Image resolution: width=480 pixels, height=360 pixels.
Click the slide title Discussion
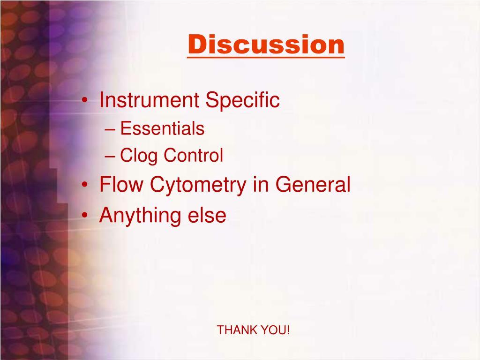pyautogui.click(x=266, y=45)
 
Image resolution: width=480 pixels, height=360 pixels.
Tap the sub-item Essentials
pyautogui.click(x=162, y=128)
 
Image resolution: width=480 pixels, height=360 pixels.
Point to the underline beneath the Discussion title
pyautogui.click(x=266, y=57)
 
